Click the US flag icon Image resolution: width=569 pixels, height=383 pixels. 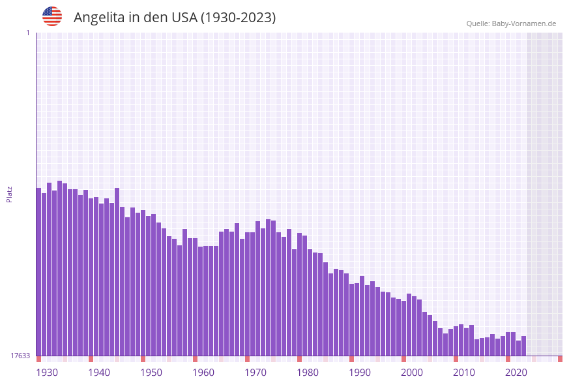click(52, 16)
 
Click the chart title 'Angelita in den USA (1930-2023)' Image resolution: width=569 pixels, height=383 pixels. click(175, 18)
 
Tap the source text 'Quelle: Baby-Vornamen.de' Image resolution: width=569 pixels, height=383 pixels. click(511, 23)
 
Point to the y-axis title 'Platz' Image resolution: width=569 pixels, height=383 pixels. click(9, 194)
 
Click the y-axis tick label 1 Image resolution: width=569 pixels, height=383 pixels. click(27, 33)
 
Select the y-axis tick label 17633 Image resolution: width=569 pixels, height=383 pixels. click(20, 356)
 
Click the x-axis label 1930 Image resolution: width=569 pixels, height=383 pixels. click(47, 373)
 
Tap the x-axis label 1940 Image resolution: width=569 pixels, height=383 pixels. click(99, 373)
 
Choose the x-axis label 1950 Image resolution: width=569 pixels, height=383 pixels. click(151, 373)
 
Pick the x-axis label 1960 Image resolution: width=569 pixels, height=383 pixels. click(203, 373)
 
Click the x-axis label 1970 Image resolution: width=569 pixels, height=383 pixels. click(255, 373)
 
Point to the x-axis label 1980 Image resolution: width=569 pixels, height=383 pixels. click(308, 373)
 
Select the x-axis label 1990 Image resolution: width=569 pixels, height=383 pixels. click(360, 373)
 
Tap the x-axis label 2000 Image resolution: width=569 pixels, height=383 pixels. click(412, 373)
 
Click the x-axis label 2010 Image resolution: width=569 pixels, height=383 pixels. click(464, 373)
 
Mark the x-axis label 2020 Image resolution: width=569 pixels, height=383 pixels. click(516, 373)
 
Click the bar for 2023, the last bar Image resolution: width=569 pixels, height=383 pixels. click(523, 346)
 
